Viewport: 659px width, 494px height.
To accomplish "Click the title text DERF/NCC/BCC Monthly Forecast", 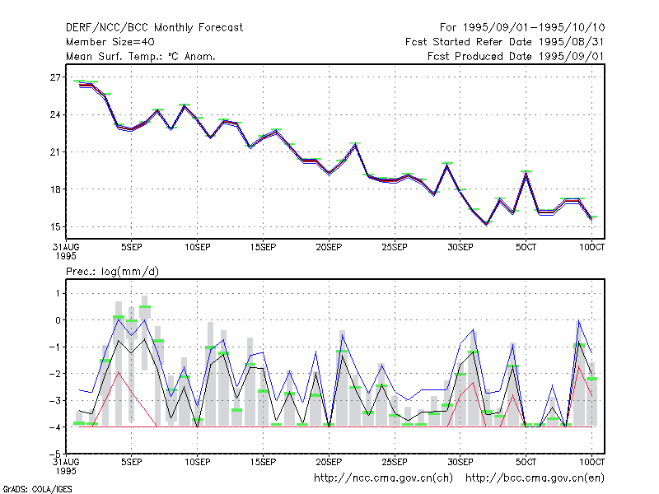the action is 154,28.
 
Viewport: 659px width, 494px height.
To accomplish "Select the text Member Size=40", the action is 110,42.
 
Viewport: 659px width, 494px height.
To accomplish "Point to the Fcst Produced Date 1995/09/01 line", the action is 516,56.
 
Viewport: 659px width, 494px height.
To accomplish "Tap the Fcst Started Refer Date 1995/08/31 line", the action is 505,42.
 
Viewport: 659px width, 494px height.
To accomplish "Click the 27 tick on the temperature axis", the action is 55,77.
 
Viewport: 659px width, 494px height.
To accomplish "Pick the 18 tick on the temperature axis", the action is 55,189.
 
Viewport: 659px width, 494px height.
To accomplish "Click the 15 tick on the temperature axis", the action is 55,227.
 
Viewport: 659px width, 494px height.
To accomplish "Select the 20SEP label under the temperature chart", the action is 329,248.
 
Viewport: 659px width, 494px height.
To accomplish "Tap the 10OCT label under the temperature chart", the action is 591,248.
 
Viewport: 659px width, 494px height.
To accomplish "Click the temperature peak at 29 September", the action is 447,165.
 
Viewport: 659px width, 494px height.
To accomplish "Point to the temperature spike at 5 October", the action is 526,174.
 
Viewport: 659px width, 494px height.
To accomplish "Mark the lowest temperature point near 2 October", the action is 487,224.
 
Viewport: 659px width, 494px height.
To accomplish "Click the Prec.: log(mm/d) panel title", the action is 112,272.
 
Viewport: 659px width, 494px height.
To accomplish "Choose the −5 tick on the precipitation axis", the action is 55,454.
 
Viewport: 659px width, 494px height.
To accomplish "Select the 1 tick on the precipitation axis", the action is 58,293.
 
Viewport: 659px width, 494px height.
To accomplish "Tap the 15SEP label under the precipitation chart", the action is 263,462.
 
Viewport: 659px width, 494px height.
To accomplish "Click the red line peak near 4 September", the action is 119,372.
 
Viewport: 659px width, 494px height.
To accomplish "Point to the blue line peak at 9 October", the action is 579,320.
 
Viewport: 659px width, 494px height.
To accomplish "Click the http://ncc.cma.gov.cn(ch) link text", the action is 383,478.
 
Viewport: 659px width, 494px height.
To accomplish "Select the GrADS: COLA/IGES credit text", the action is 38,489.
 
